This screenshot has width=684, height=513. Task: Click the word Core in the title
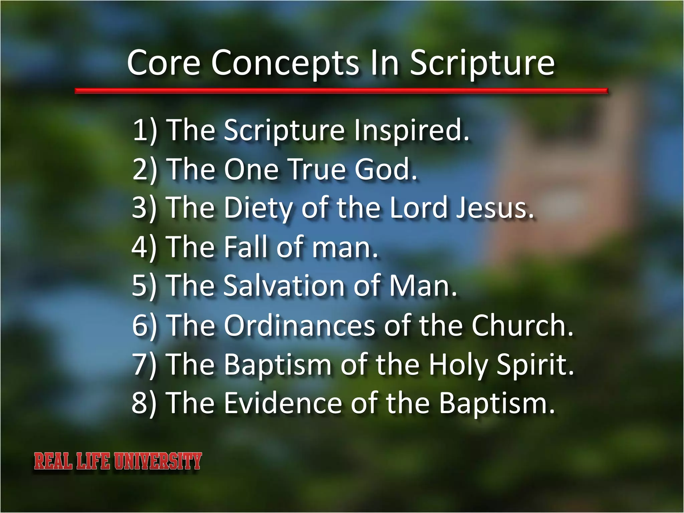pyautogui.click(x=164, y=63)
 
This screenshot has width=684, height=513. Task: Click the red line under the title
pyautogui.click(x=341, y=91)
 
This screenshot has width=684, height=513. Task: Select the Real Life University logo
pyautogui.click(x=118, y=461)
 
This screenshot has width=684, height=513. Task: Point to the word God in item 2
pyautogui.click(x=385, y=169)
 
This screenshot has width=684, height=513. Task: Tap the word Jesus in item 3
pyautogui.click(x=495, y=208)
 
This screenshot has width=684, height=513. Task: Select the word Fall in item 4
pyautogui.click(x=246, y=247)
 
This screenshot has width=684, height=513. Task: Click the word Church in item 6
pyautogui.click(x=522, y=325)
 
